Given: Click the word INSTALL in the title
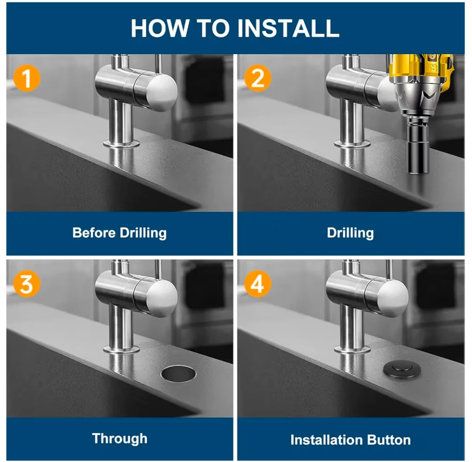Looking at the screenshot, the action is point(288,28).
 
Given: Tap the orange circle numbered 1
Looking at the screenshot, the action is point(27,78).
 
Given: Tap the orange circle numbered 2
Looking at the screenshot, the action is point(257,78).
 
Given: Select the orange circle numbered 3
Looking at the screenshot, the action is point(27,284).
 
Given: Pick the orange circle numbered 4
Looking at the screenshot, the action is point(257,284).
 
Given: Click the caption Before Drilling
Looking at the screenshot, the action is point(120,233).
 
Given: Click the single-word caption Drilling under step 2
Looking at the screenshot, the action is point(350,233).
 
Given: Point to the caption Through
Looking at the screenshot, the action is point(120,439).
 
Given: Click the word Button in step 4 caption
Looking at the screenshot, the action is point(389,440).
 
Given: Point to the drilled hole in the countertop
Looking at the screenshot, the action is point(178,374).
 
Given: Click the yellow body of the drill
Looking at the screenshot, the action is point(421,69).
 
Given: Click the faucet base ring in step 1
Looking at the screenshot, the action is point(122,144).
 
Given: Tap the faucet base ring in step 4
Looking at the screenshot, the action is point(352,350).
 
